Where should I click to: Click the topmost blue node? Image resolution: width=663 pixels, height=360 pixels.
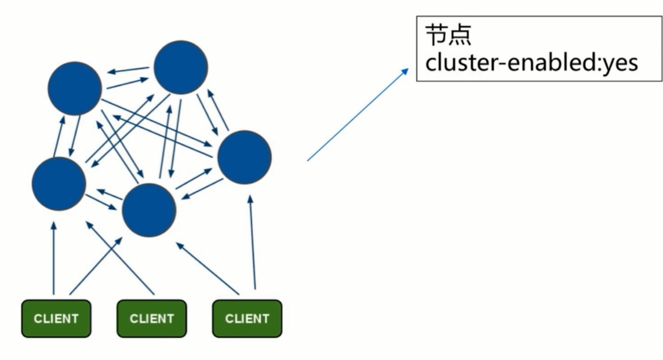181,67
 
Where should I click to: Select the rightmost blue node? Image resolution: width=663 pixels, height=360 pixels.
244,157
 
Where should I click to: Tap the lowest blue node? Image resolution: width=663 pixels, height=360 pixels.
149,210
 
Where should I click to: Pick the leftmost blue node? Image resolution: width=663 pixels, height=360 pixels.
59,183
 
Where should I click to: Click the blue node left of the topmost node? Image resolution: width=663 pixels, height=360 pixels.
75,88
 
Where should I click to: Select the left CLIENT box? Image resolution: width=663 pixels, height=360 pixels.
56,318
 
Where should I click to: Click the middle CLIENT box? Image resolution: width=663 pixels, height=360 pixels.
152,318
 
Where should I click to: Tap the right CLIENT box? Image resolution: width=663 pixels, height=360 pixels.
247,318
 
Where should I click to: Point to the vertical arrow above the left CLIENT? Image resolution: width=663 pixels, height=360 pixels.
53,258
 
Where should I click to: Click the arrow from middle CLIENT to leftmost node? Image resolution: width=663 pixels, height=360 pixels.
120,257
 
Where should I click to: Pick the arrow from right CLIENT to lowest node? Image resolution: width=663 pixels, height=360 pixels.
207,267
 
